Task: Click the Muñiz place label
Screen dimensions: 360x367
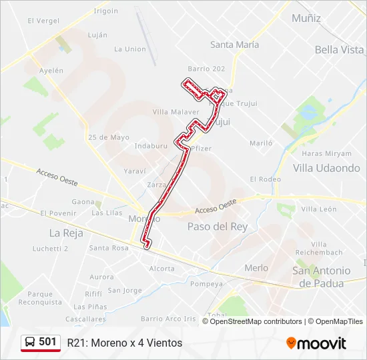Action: click(306, 17)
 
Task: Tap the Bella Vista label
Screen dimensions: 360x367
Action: click(339, 49)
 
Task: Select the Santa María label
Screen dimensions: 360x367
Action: click(234, 45)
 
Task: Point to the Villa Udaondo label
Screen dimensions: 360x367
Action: click(326, 168)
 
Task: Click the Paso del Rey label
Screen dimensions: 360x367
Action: click(218, 227)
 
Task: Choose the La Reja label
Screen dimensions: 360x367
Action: click(65, 233)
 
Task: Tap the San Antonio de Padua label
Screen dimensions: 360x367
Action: click(322, 277)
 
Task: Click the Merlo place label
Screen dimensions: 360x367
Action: click(256, 268)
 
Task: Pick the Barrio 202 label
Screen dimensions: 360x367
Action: click(206, 69)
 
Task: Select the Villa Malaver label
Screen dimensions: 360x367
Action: click(176, 112)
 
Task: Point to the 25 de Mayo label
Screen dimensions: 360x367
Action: click(108, 137)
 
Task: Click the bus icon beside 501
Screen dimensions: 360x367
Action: click(30, 342)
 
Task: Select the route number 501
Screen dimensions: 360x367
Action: click(47, 342)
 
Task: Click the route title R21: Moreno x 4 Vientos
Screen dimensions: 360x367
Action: click(124, 343)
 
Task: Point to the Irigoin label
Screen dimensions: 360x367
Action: click(106, 11)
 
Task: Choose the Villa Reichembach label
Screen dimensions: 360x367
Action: click(322, 248)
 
